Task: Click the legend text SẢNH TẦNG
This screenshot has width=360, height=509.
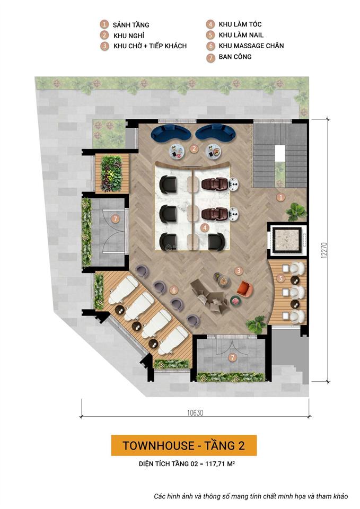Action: point(131,25)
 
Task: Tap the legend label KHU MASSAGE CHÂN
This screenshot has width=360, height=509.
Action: point(251,46)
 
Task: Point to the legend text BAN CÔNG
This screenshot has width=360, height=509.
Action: point(235,57)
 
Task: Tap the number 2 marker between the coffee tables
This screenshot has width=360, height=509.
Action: point(195,148)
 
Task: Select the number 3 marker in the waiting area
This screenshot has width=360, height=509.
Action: point(239,270)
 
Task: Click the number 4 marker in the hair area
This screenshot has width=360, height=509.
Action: point(205,227)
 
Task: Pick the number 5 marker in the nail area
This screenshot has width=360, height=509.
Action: point(281,278)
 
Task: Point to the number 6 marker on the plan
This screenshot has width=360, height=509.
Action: point(173,289)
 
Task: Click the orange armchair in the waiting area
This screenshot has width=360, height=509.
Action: point(244,289)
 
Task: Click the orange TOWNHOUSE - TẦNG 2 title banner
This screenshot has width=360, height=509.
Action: point(183,445)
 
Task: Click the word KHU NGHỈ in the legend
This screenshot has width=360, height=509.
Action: point(128,36)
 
